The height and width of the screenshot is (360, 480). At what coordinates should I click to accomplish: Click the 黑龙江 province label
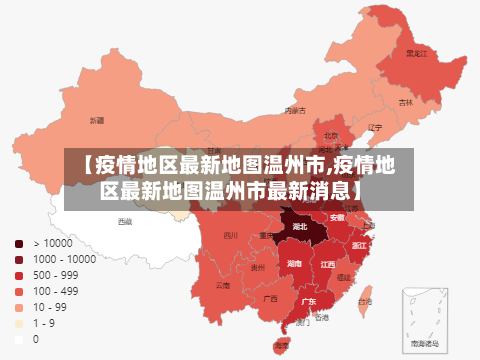416,53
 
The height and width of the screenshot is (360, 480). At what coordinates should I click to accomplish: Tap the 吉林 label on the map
406,102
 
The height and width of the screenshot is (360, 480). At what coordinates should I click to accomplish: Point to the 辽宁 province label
374,128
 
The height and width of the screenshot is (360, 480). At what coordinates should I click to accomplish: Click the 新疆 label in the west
96,120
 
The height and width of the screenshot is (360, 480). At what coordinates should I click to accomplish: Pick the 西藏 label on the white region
124,221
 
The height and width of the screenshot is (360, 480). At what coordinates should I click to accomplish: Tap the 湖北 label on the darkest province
300,227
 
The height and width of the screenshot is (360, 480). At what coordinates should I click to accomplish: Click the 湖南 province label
294,263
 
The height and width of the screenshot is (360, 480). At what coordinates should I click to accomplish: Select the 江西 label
327,265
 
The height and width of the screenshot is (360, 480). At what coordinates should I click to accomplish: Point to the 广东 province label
310,301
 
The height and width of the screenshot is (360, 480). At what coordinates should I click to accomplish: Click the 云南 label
222,285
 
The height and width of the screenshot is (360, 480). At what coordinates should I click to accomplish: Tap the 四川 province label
231,236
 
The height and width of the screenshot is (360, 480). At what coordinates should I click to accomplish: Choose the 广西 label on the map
270,298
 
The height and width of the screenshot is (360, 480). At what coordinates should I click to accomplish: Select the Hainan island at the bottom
282,344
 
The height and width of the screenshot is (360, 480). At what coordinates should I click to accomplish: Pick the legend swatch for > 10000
19,243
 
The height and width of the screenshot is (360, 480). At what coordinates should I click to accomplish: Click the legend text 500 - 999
56,275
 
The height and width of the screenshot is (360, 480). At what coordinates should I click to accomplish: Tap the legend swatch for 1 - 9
19,323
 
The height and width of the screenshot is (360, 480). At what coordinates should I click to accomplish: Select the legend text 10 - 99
50,307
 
